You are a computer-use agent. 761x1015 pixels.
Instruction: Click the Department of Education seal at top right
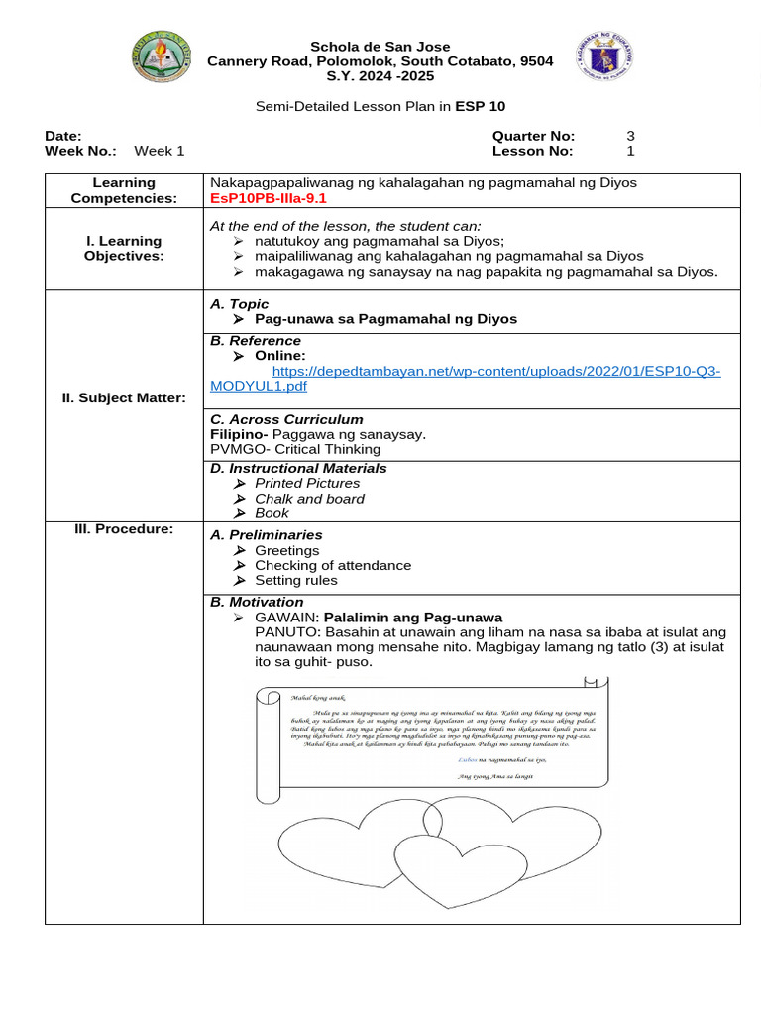pos(603,56)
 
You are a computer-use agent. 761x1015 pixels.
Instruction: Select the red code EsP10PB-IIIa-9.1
pos(269,198)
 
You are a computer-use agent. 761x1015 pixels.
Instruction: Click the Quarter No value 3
pos(630,136)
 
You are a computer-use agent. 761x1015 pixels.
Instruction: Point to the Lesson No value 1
pos(630,151)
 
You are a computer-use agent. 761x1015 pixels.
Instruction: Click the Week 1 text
pos(160,151)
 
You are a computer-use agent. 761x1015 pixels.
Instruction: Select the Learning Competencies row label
pos(124,190)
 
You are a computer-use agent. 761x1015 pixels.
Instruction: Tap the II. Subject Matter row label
pos(124,397)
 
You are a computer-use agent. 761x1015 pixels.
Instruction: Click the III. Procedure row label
pos(124,528)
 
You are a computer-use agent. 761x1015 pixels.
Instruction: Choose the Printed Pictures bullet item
pos(306,483)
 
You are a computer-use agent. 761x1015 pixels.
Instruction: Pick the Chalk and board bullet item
pos(309,499)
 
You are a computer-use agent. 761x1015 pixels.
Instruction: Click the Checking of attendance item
pos(332,565)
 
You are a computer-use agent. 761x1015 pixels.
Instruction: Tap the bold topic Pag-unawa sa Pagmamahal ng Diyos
pos(385,319)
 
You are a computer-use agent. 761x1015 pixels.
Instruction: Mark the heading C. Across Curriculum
pos(286,419)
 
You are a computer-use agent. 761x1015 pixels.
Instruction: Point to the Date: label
pos(63,136)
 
